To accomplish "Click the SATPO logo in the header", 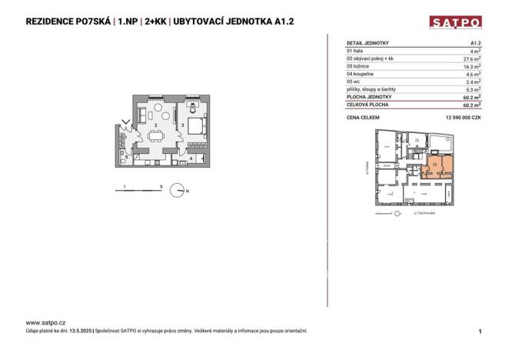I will click(455, 22).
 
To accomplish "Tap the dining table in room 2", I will click(157, 136).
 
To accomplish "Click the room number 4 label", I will click(191, 157).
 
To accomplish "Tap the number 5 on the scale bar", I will click(160, 186).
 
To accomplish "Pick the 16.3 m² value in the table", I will click(472, 66).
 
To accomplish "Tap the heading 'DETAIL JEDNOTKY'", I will click(368, 44).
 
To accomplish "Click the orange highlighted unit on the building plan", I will click(436, 165).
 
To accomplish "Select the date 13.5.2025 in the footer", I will click(77, 331).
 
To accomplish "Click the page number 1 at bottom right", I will click(480, 331).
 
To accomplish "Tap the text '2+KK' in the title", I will click(148, 22).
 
